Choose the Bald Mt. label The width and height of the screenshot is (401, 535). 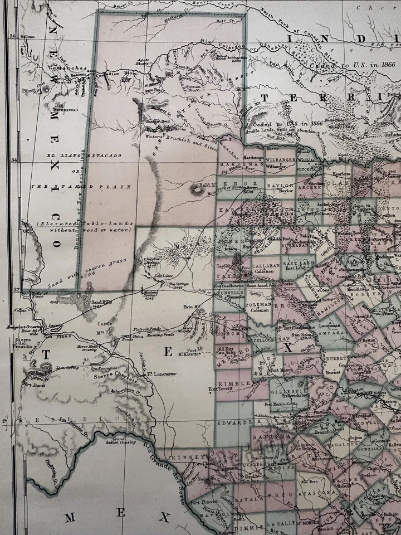207,184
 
